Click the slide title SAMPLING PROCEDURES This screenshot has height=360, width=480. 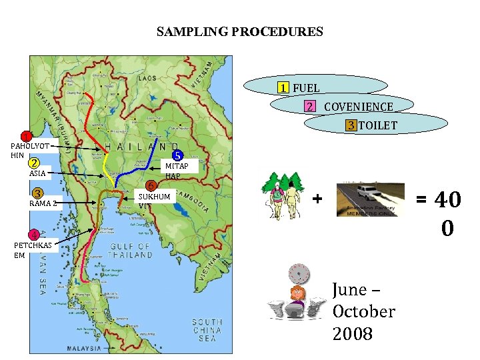tap(240, 31)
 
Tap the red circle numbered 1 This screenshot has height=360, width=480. tap(25, 137)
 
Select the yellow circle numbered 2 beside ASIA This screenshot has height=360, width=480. tap(34, 162)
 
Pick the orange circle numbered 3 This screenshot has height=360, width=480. tap(39, 193)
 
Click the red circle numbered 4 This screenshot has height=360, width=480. tap(32, 234)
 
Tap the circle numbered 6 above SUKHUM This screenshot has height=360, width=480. tap(151, 186)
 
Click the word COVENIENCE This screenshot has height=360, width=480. tap(358, 107)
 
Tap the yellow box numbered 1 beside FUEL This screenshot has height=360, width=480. tap(285, 88)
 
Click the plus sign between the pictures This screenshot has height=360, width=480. tap(317, 199)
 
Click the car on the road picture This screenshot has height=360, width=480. tap(371, 197)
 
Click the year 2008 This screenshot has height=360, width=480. tap(353, 333)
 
